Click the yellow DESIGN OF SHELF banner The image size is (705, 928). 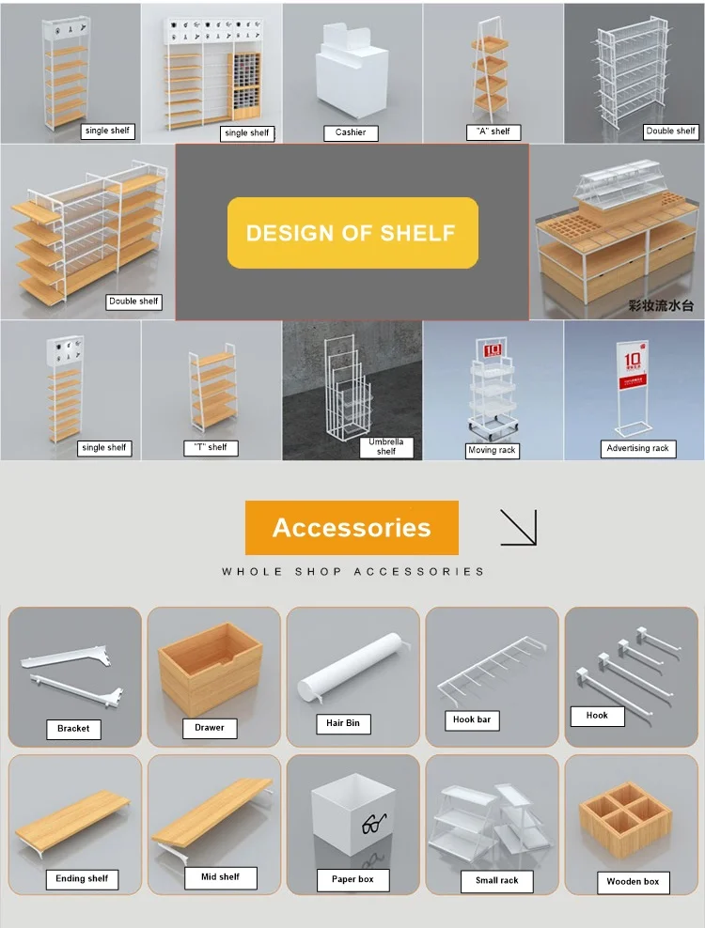(x=352, y=233)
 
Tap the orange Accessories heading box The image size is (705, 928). (x=352, y=527)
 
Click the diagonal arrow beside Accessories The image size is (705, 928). (x=518, y=527)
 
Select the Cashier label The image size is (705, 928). (x=351, y=132)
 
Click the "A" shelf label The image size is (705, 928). (x=492, y=131)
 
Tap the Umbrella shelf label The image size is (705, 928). (x=385, y=446)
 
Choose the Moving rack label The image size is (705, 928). (x=492, y=451)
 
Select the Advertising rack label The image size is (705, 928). (x=637, y=449)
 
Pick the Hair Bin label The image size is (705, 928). (x=343, y=723)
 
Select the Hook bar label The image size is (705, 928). (x=471, y=720)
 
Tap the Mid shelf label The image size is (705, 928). (x=221, y=877)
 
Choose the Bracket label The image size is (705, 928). (x=73, y=728)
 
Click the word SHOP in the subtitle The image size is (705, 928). (x=318, y=571)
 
